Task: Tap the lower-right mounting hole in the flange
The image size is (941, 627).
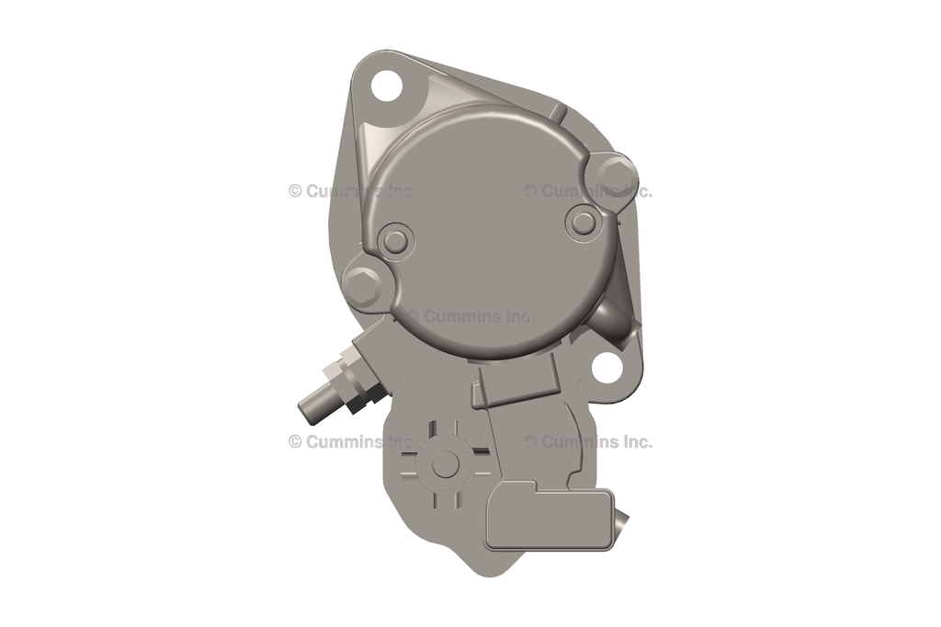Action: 607,368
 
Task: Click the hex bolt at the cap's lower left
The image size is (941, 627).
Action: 361,283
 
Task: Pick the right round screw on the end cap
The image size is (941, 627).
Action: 582,220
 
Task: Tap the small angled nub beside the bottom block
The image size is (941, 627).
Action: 621,521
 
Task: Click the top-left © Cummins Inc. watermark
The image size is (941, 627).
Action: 351,191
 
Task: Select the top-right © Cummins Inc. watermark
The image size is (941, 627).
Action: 588,191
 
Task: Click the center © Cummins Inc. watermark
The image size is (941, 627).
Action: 470,316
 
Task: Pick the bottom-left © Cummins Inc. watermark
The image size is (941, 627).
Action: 351,441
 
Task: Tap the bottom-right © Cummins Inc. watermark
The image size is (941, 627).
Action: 588,441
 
